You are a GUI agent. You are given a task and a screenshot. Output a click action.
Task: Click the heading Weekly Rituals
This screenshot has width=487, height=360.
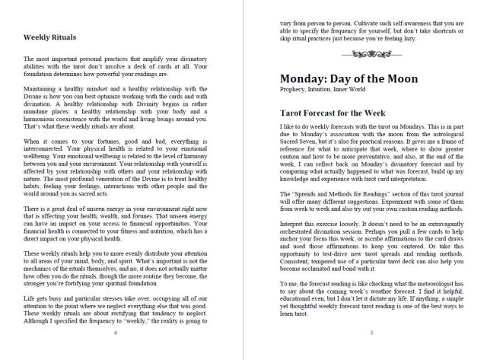pos(54,36)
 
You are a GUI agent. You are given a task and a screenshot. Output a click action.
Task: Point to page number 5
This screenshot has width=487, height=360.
pos(371,333)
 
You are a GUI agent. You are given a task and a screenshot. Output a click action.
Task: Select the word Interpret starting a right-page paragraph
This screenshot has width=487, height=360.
pos(294,226)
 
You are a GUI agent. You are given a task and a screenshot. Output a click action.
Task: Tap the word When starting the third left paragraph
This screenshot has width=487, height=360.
pos(33,141)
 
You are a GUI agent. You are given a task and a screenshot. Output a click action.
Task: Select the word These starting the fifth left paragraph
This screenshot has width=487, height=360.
pos(33,253)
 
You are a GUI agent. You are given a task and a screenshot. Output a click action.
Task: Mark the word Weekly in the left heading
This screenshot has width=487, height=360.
pos(38,36)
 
